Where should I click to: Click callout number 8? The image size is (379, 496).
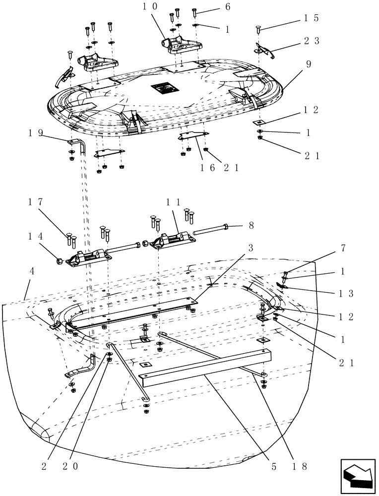click(251, 225)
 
